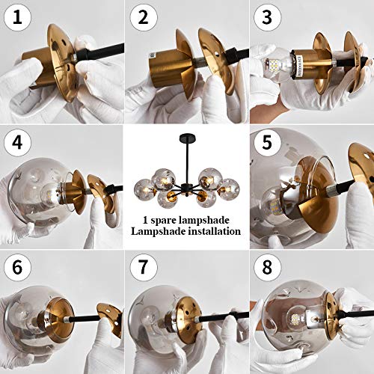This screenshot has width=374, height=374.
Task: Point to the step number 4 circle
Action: (x=16, y=141)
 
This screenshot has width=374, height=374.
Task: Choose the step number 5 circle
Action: (x=266, y=141)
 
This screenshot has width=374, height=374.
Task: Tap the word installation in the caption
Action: (x=213, y=233)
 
